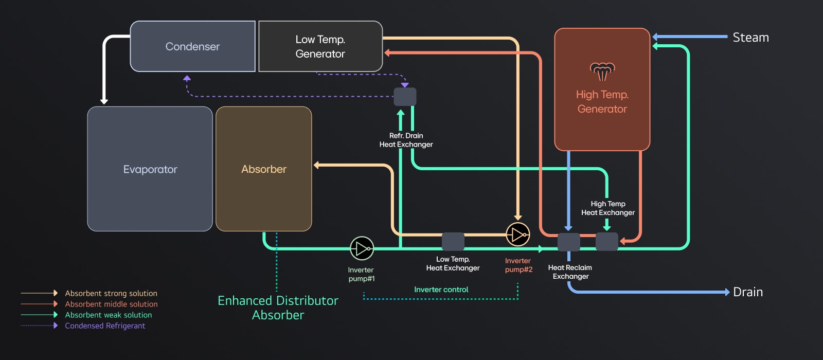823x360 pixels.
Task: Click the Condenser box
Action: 192,46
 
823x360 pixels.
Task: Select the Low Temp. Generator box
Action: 320,46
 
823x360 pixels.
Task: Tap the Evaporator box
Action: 150,169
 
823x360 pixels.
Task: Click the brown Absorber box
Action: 263,169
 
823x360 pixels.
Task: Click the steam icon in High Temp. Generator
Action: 602,71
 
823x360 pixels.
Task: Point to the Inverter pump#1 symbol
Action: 362,249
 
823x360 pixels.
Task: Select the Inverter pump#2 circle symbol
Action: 517,235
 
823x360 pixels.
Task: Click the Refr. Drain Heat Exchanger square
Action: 405,97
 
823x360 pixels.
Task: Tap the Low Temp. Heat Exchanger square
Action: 453,241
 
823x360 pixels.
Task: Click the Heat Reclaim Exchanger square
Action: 569,242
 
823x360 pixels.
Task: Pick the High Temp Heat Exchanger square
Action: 606,241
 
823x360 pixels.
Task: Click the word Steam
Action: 750,38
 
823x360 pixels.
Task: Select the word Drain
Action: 747,292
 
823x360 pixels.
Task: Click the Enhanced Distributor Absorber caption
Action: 278,308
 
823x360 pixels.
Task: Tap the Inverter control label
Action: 441,290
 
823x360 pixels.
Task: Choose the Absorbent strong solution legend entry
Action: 111,293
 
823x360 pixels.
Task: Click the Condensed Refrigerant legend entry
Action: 105,326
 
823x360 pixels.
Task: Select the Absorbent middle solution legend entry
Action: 111,304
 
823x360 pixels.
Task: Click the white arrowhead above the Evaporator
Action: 104,101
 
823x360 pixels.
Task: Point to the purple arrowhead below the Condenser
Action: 187,78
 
